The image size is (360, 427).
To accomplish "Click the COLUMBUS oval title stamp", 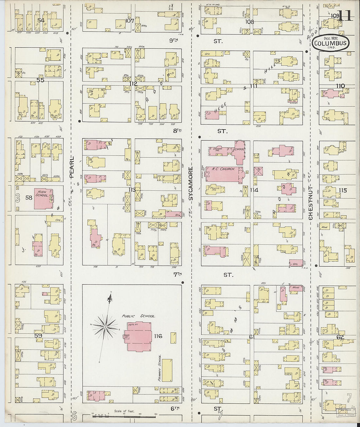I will point(331,43).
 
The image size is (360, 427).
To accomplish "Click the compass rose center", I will point(105,327).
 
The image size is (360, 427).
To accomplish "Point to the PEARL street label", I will point(72,167).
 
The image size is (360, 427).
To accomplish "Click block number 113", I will point(132,190).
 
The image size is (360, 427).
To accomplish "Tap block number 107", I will point(130,21).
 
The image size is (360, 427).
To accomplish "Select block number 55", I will point(40,80).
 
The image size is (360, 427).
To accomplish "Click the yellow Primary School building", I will point(167,370).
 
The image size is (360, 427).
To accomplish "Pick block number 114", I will point(254,190).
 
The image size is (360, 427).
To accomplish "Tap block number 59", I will point(38,336).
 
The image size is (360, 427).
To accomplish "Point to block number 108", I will point(250,22).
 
